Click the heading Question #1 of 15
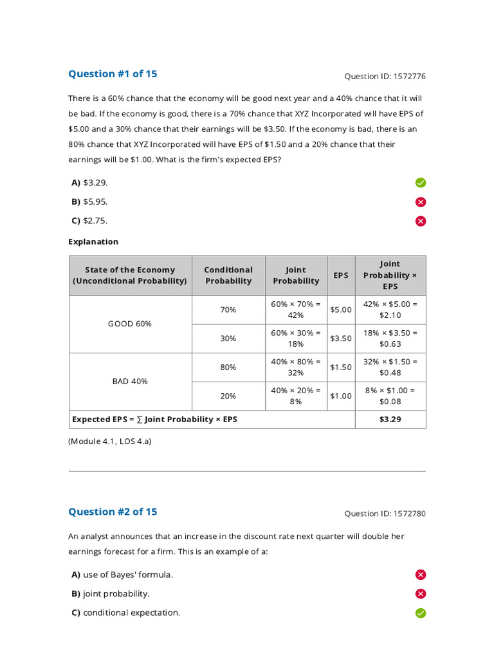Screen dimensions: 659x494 pyautogui.click(x=113, y=73)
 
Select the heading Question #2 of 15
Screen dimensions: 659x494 pyautogui.click(x=113, y=512)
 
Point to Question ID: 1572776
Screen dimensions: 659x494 pyautogui.click(x=385, y=76)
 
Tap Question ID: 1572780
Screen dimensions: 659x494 pyautogui.click(x=385, y=514)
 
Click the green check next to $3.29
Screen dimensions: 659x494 pyautogui.click(x=421, y=183)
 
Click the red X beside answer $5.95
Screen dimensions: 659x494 pyautogui.click(x=421, y=202)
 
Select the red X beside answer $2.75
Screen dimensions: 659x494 pyautogui.click(x=421, y=221)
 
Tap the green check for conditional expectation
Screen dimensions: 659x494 pyautogui.click(x=421, y=613)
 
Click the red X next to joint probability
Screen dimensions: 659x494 pyautogui.click(x=421, y=594)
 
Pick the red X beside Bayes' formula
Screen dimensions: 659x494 pyautogui.click(x=421, y=575)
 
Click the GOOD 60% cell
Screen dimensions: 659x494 pyautogui.click(x=130, y=324)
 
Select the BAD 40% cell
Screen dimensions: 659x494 pyautogui.click(x=130, y=381)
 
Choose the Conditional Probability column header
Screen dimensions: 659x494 pyautogui.click(x=228, y=275)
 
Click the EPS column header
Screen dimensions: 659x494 pyautogui.click(x=341, y=275)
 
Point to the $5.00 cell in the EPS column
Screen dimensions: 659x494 pyautogui.click(x=341, y=310)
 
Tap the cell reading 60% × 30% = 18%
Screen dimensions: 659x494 pyautogui.click(x=296, y=339)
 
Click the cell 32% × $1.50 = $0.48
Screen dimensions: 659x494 pyautogui.click(x=390, y=367)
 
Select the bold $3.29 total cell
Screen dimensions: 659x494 pyautogui.click(x=390, y=419)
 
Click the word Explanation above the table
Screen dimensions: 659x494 pyautogui.click(x=93, y=242)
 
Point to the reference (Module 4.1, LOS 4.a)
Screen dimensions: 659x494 pyautogui.click(x=109, y=441)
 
